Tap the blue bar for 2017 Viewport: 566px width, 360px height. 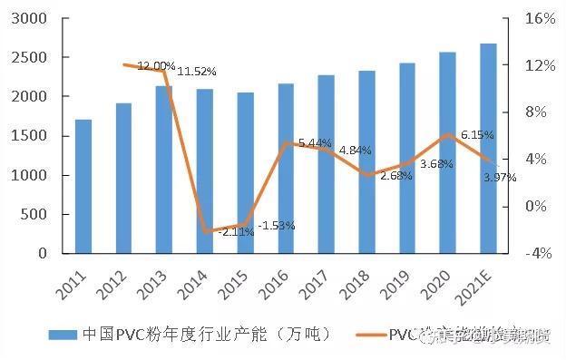point(326,164)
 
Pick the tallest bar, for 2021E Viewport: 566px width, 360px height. point(488,148)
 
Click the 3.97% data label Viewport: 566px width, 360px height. point(499,178)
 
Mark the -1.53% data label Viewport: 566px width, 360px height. point(277,226)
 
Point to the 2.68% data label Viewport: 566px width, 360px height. point(396,176)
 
